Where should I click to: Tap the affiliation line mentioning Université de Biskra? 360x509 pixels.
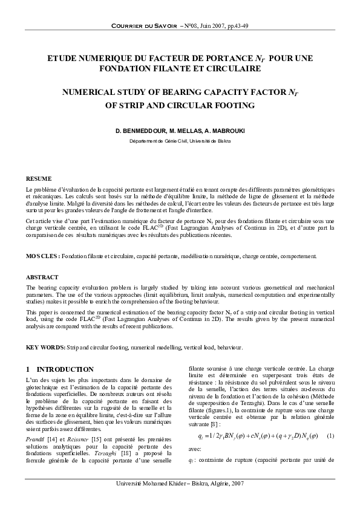pyautogui.click(x=180, y=141)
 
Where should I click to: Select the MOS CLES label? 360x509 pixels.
pyautogui.click(x=42, y=256)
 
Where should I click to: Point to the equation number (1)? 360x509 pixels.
pyautogui.click(x=329, y=436)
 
